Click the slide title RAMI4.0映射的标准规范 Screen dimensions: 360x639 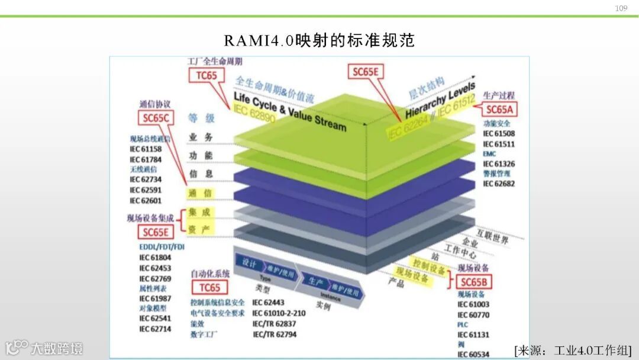(x=319, y=40)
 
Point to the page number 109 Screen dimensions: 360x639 (x=621, y=8)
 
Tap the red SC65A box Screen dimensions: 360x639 (x=500, y=109)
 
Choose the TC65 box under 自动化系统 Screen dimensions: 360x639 (x=209, y=288)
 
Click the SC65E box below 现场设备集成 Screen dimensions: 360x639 (x=156, y=232)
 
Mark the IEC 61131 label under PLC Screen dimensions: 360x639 (x=473, y=335)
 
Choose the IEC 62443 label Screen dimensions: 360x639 (x=269, y=303)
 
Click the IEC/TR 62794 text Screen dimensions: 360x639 (x=275, y=335)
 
